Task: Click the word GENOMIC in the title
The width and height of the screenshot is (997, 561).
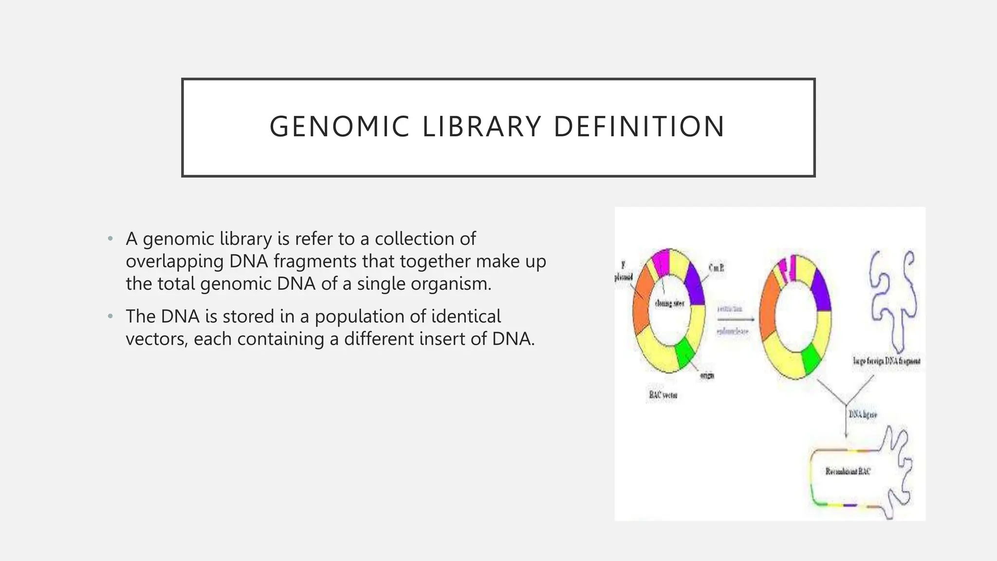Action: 339,127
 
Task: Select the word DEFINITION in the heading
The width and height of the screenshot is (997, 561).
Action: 639,127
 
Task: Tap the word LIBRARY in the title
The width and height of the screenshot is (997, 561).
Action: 481,127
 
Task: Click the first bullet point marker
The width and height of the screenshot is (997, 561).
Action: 111,239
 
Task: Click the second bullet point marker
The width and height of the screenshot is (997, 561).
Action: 111,317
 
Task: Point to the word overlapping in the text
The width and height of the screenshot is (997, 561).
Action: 174,262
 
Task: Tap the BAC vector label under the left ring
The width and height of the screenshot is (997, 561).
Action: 663,395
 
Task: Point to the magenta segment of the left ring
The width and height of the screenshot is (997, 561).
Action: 661,262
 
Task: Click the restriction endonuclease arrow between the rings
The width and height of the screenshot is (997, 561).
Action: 735,319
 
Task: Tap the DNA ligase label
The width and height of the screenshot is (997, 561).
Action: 863,414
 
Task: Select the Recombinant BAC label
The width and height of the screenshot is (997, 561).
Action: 848,471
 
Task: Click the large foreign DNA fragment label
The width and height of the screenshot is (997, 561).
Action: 886,361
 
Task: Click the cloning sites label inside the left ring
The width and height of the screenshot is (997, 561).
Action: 669,303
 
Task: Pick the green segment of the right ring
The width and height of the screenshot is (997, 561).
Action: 812,359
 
